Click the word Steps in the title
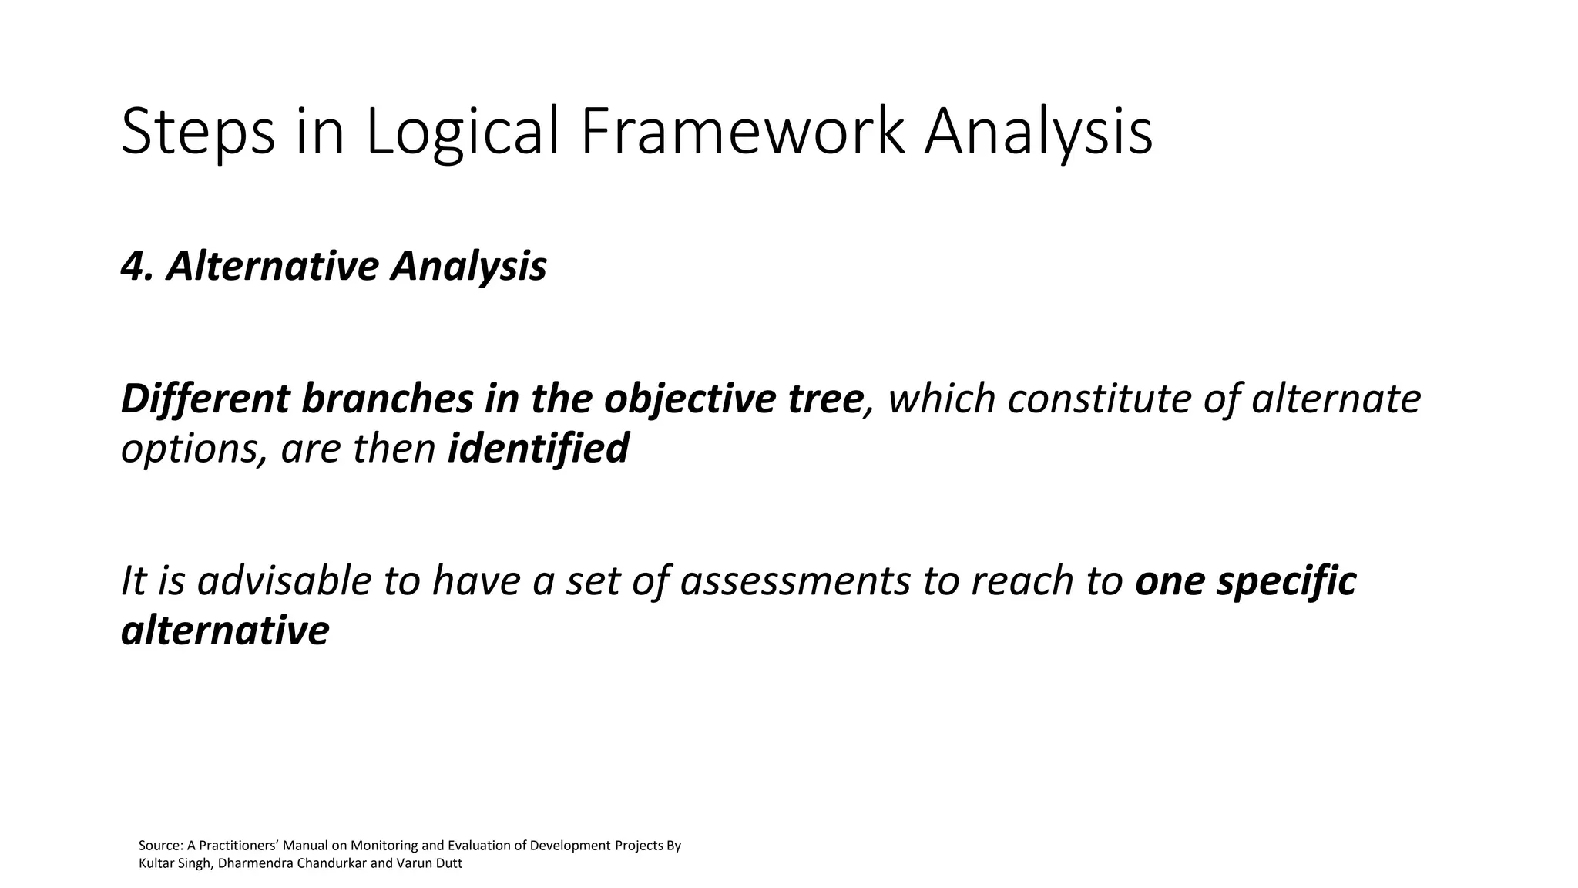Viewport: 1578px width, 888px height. pos(198,133)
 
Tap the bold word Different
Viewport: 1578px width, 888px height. pos(205,399)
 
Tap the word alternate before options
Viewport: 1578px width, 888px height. pos(1336,399)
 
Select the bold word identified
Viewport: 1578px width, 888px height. pos(538,449)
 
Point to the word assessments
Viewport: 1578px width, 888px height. pos(795,581)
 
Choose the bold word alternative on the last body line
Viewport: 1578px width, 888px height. pos(225,631)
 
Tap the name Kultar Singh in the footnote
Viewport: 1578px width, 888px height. pos(174,863)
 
